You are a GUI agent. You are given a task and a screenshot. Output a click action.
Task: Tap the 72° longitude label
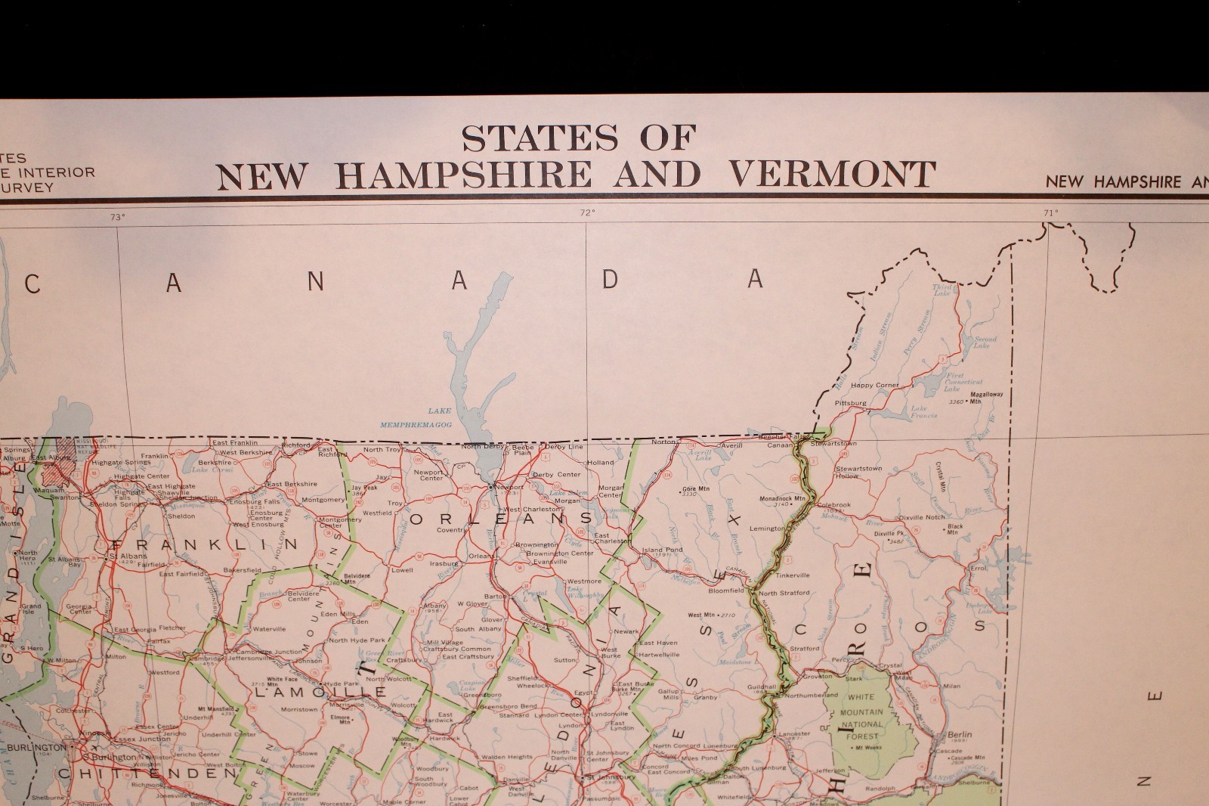[588, 213]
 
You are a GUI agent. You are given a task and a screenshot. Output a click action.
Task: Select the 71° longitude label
[1050, 213]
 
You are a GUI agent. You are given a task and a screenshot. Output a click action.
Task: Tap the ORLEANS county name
[501, 519]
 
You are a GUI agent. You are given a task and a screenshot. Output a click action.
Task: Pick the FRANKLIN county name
[203, 544]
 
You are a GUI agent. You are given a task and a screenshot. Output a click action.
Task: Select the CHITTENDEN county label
[147, 773]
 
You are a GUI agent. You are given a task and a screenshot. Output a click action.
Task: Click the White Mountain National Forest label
[862, 716]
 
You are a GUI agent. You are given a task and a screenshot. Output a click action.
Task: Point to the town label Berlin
[960, 734]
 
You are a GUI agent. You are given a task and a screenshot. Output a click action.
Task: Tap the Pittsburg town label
[850, 403]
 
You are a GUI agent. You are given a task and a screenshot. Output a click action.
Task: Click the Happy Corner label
[875, 385]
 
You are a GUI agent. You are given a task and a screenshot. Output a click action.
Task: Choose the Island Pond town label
[662, 550]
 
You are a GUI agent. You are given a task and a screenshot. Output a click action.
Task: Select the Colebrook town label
[833, 505]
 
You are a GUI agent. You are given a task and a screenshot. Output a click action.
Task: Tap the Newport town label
[510, 488]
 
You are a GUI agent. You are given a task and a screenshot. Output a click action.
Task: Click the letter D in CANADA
[610, 280]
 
